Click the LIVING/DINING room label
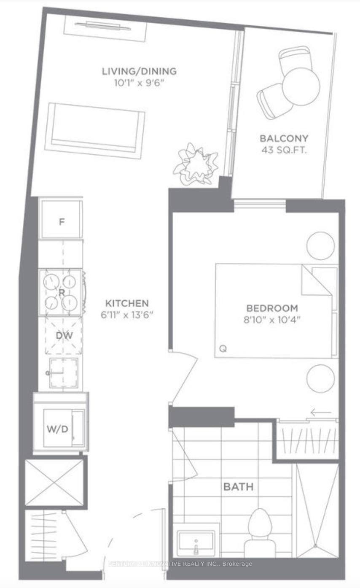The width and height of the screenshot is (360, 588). coord(139,71)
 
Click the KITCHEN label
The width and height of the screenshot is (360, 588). coord(127,303)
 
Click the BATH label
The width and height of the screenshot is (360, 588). coord(238,487)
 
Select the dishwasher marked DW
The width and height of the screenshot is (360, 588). coord(64,336)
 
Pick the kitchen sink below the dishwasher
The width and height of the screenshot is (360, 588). coord(63,373)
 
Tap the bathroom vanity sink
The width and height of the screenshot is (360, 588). coord(196,540)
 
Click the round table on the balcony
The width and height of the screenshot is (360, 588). coord(301,86)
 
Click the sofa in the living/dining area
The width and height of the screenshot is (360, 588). coord(95,130)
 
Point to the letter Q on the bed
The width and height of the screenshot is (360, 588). coord(223,348)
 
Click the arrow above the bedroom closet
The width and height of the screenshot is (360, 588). coord(321,412)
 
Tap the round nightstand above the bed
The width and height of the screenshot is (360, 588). coord(321,245)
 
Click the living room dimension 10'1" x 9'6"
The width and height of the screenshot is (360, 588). coord(139,83)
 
